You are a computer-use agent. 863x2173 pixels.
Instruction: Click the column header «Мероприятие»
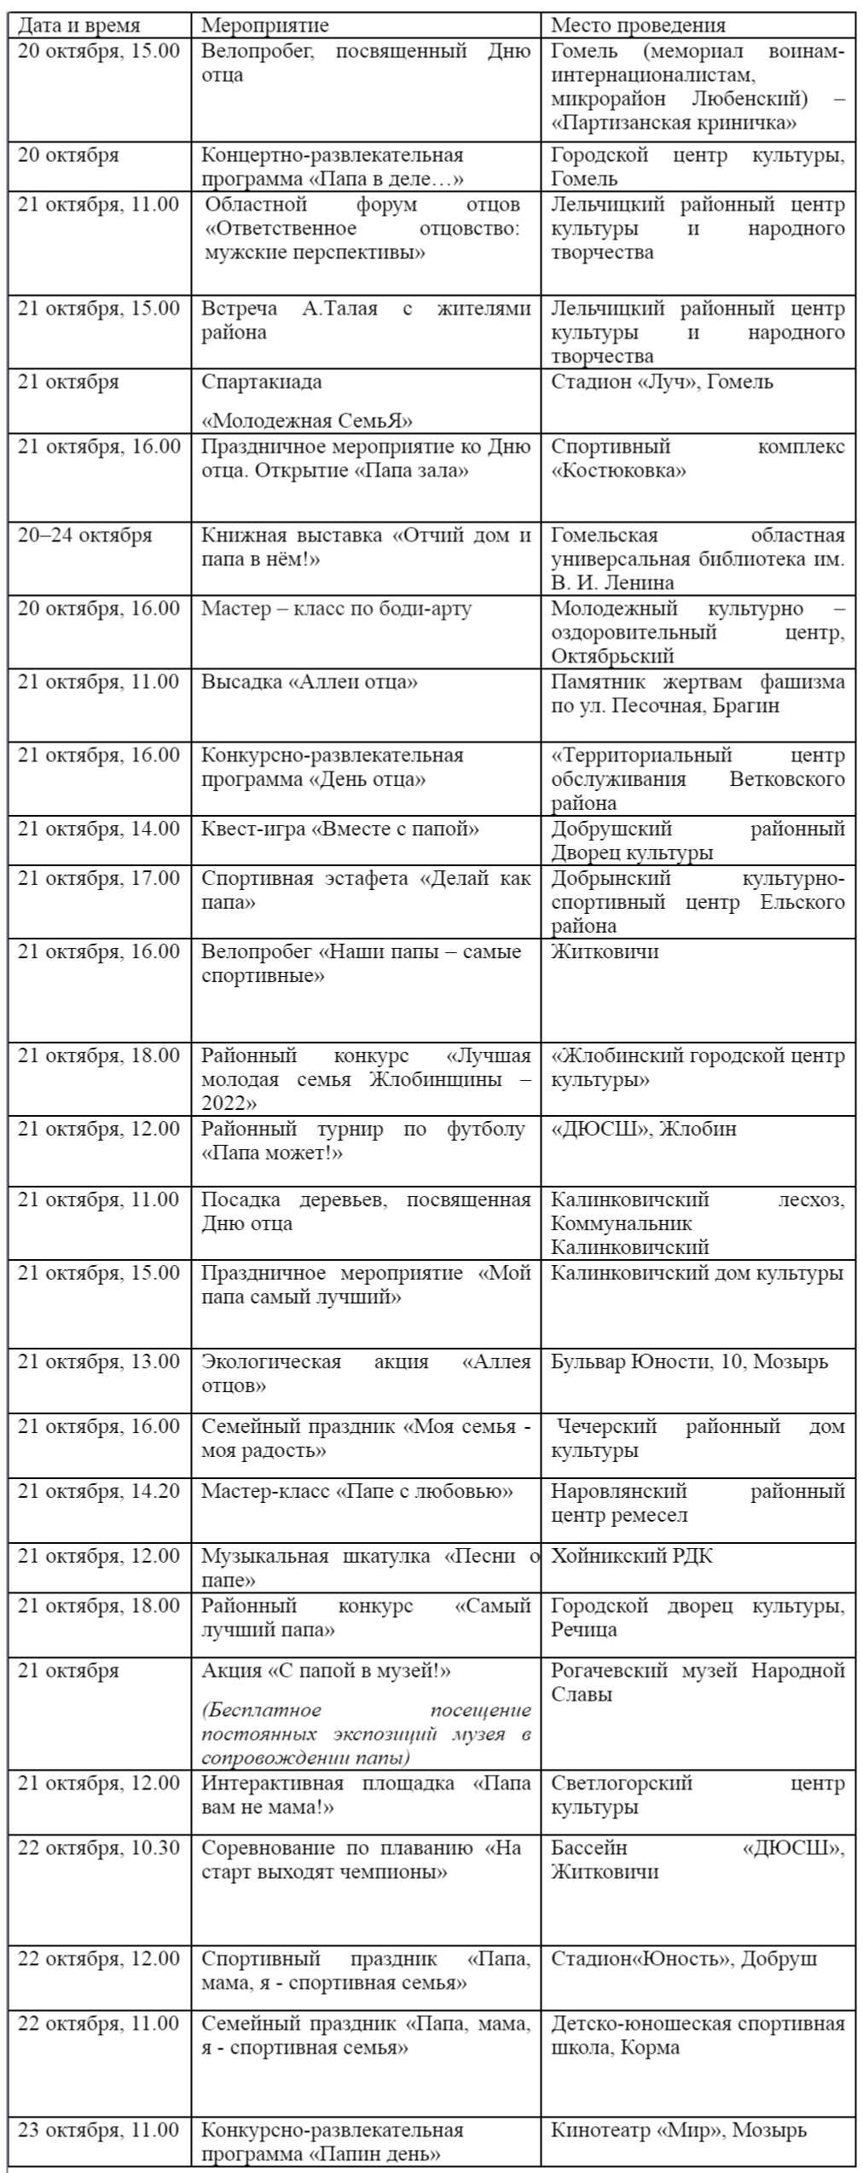coord(264,26)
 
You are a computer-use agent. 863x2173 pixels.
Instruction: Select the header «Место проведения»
coord(638,26)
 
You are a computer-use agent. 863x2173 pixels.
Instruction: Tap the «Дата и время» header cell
coord(78,26)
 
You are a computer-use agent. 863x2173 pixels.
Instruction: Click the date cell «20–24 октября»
coord(84,535)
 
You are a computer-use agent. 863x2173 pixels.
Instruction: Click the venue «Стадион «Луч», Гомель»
coord(662,381)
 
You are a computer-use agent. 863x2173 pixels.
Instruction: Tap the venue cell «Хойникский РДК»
coord(632,1556)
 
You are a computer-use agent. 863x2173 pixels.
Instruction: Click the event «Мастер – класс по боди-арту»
coord(336,609)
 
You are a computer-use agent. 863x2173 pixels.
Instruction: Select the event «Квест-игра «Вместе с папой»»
coord(339,829)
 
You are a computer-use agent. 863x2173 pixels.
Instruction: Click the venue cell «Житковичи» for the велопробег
coord(605,951)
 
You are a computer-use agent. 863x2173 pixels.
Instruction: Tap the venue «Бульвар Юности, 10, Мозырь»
coord(689,1361)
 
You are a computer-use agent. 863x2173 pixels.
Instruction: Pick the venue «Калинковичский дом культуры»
coord(697,1273)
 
